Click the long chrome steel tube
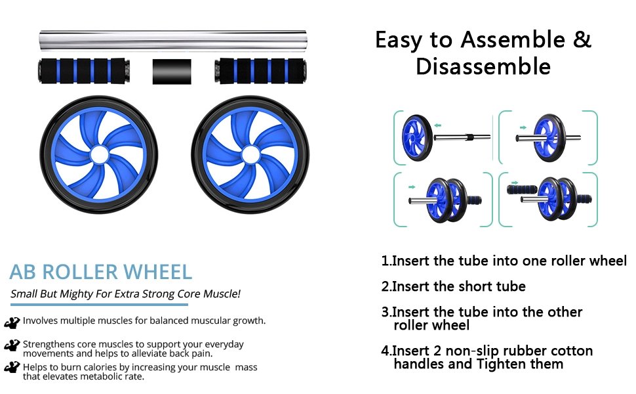coord(173,40)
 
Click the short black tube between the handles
coord(172,72)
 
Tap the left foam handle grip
coord(85,71)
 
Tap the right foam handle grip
coord(260,71)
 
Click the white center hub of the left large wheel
coord(100,155)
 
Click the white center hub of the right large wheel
coord(250,155)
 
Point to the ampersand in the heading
coord(582,39)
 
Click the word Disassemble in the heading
coord(483,66)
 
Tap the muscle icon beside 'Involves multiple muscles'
coord(12,322)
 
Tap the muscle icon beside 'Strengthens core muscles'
coord(12,345)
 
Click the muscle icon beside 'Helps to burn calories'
coord(12,367)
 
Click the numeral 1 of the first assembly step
coord(385,260)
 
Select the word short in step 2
coord(476,286)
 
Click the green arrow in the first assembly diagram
coord(437,125)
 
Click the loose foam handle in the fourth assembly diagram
coord(522,189)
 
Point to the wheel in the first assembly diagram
coord(417,137)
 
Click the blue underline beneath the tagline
coord(100,304)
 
